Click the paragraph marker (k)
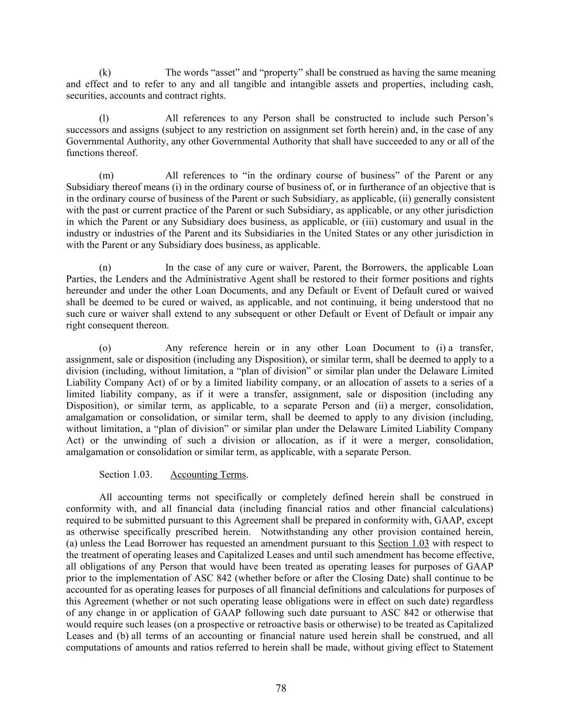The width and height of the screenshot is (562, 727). point(105,72)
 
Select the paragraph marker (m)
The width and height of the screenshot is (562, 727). point(106,176)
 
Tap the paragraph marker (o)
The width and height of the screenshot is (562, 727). point(105,348)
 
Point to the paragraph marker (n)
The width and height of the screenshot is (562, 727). point(105,267)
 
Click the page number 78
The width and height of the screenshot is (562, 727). point(281,688)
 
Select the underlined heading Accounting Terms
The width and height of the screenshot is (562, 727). point(208,475)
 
